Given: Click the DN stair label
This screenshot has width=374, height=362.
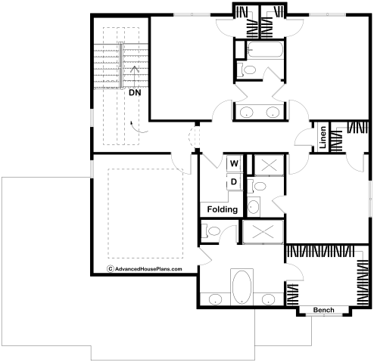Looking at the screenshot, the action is point(135,93).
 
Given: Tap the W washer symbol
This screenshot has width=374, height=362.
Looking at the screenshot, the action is point(234,163).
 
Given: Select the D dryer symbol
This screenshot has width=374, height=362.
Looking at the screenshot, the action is point(234,181).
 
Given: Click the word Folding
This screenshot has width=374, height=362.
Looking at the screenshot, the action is point(223,209).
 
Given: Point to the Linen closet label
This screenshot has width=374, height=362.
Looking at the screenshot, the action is point(323,138).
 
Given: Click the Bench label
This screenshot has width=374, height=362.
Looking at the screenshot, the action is point(324,310).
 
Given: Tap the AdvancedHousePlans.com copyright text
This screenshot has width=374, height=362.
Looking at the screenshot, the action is point(145,269).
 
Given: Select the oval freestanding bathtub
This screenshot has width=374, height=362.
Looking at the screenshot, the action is point(242,287).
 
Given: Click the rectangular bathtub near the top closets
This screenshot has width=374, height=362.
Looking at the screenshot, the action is point(265,50).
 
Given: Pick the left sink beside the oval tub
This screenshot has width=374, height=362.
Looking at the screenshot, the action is point(215,299).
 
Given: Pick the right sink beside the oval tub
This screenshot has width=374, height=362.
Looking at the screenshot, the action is point(268,299).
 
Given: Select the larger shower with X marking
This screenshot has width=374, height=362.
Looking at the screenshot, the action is point(263,232).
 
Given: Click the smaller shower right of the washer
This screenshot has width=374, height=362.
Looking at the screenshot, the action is point(269,166).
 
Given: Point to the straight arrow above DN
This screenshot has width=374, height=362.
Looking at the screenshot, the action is point(135,76).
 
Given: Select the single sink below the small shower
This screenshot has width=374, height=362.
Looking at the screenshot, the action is point(254,206).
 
